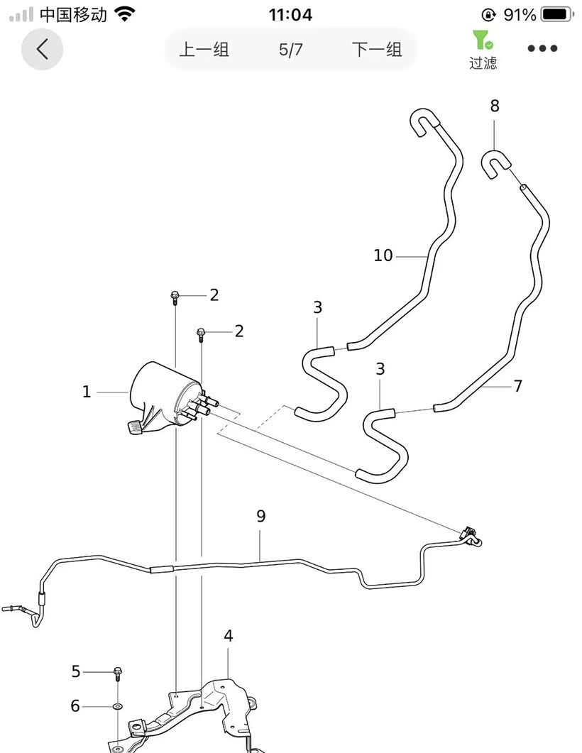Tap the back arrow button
point(43,49)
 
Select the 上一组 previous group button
point(204,50)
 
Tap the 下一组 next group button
point(376,50)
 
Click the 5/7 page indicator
point(290,50)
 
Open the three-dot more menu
point(542,49)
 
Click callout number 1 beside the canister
point(87,392)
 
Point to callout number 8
point(495,106)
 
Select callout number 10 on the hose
point(383,255)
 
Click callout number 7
point(518,386)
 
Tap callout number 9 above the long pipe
point(260,517)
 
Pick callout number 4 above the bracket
point(228,635)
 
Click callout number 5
point(76,671)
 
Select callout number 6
point(76,706)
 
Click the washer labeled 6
point(117,706)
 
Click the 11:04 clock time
point(290,14)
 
